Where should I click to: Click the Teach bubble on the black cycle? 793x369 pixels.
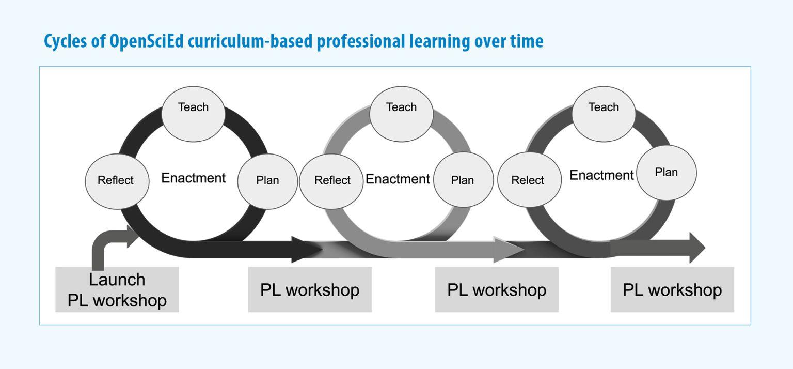tap(193, 114)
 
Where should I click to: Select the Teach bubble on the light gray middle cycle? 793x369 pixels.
tap(401, 114)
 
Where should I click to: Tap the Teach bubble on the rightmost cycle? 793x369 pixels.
tap(604, 114)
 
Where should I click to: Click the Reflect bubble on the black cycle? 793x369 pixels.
tap(117, 181)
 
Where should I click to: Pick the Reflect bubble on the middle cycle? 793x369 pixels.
tap(331, 181)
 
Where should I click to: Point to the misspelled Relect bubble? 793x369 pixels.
tap(529, 179)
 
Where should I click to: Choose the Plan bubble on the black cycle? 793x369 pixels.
tap(267, 181)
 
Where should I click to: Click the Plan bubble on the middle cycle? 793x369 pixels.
tap(464, 179)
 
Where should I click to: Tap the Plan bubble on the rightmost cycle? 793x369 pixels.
tap(667, 173)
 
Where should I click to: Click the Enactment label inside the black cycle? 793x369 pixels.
tap(193, 178)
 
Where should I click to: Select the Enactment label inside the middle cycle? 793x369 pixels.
tap(398, 179)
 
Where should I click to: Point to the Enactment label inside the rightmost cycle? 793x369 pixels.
tap(601, 175)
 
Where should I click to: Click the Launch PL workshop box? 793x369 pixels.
tap(117, 289)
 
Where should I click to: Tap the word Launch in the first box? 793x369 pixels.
tap(117, 280)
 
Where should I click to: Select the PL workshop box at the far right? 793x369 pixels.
tap(672, 289)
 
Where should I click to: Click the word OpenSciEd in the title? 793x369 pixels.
tap(147, 41)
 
